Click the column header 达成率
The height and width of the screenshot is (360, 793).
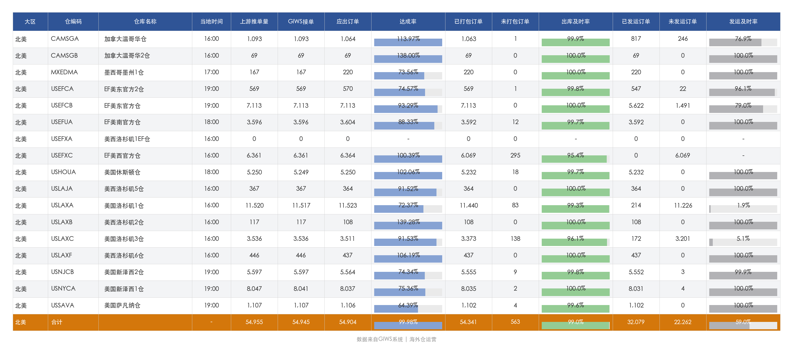click(x=408, y=21)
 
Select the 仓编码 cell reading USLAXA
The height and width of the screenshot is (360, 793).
click(x=62, y=205)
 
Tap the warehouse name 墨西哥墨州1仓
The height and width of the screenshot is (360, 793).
click(x=124, y=72)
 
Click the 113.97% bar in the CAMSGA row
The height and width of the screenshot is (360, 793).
click(x=408, y=42)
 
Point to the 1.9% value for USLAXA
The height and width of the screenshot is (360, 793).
click(x=743, y=205)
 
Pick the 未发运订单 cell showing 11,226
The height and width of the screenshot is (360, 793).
click(x=683, y=205)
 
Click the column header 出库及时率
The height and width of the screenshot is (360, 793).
click(x=575, y=21)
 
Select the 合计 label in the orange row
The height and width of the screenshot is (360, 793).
click(x=57, y=322)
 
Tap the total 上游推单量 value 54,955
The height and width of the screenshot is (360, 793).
click(x=254, y=322)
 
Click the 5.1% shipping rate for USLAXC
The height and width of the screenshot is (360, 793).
click(x=743, y=239)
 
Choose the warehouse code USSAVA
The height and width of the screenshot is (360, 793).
click(x=63, y=306)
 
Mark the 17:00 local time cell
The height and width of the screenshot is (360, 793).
click(x=212, y=72)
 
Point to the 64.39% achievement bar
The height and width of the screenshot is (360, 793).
click(x=396, y=309)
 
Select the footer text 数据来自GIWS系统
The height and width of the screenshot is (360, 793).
click(x=380, y=339)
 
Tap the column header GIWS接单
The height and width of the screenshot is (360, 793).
click(x=301, y=21)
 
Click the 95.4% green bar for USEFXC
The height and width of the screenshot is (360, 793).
click(x=574, y=159)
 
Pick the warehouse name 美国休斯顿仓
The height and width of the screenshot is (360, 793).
click(x=122, y=173)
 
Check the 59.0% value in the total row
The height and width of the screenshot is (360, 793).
click(x=743, y=322)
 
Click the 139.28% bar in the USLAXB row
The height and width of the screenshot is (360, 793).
click(x=408, y=225)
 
